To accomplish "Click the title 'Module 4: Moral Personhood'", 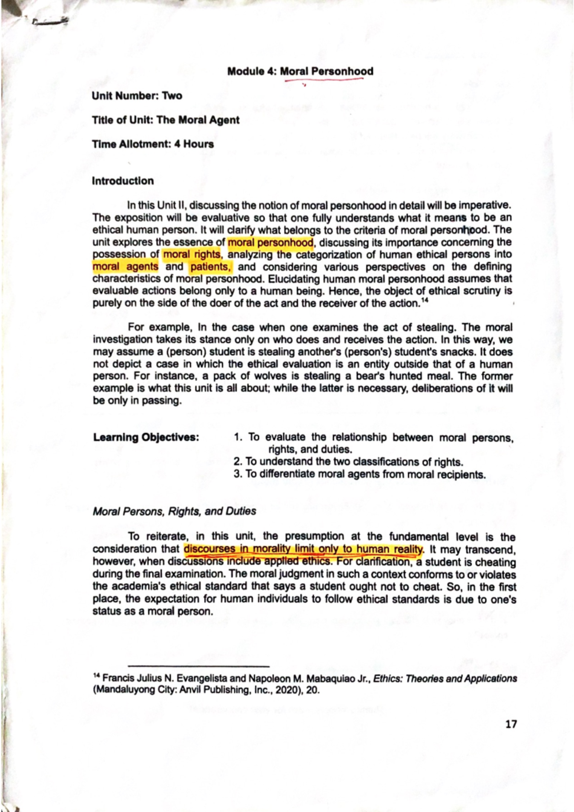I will pos(300,72).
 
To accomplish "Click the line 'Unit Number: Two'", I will pos(137,96).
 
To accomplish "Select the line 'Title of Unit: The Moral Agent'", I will pos(166,120).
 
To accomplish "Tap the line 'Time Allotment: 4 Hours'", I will pos(153,144).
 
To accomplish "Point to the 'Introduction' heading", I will pos(123,181).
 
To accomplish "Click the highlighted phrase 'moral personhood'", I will pos(270,242).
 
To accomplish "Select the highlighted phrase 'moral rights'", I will pos(192,254).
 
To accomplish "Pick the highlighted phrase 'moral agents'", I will pos(125,267).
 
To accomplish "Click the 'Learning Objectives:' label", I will pos(146,437).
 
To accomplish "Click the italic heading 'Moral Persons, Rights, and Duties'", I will pos(174,511).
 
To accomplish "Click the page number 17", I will pos(511,724).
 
